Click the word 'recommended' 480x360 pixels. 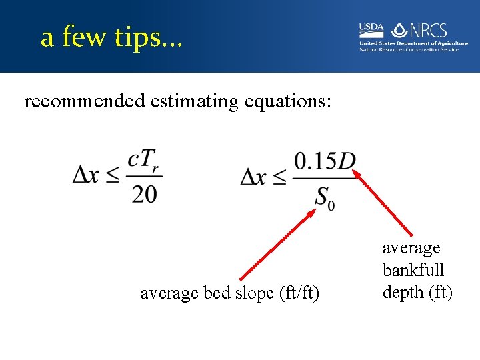pos(85,102)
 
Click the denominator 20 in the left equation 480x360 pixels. pos(144,194)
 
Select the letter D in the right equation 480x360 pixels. pos(347,162)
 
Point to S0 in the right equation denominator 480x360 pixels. pos(325,198)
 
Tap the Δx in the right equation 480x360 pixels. pos(256,176)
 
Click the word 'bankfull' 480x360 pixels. pos(413,270)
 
